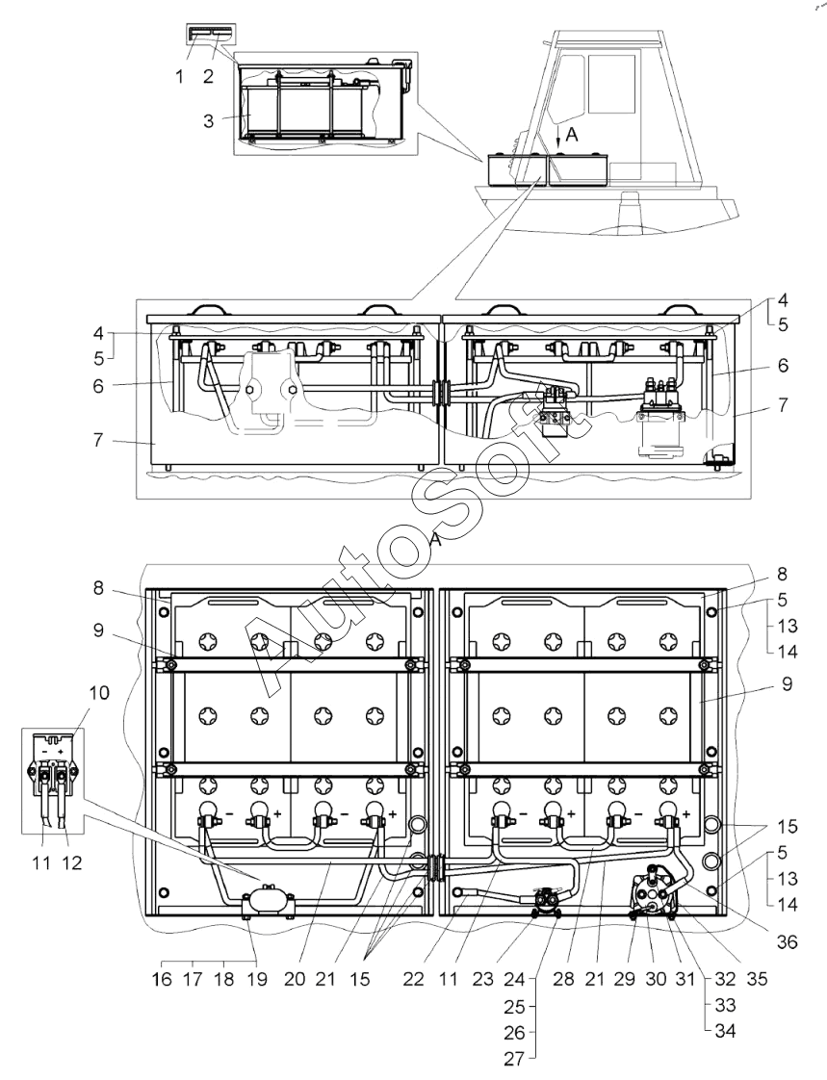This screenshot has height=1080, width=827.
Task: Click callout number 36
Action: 787,940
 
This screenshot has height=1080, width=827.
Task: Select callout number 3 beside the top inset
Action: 209,121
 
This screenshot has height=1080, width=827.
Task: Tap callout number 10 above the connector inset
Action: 99,692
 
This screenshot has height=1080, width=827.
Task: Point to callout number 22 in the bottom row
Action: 414,979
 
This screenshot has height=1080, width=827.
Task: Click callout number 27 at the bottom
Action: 514,1057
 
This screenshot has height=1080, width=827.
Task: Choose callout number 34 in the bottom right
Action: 725,1031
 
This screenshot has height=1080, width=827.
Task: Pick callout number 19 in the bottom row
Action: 257,979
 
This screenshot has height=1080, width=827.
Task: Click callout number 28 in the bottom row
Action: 564,979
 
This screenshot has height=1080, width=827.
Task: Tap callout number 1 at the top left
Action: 180,76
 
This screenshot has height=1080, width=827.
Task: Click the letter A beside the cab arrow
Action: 571,136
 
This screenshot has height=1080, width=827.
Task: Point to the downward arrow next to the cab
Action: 558,135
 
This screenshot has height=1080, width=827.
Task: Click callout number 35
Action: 757,979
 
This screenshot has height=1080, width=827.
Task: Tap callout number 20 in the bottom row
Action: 295,979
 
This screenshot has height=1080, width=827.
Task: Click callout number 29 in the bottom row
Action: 625,979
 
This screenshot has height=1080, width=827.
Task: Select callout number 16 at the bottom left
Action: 162,979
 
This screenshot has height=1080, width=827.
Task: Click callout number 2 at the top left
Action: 209,76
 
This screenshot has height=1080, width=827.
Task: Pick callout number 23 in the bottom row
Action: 483,979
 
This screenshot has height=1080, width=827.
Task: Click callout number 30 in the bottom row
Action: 656,979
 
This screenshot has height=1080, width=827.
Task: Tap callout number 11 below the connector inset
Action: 41,862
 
